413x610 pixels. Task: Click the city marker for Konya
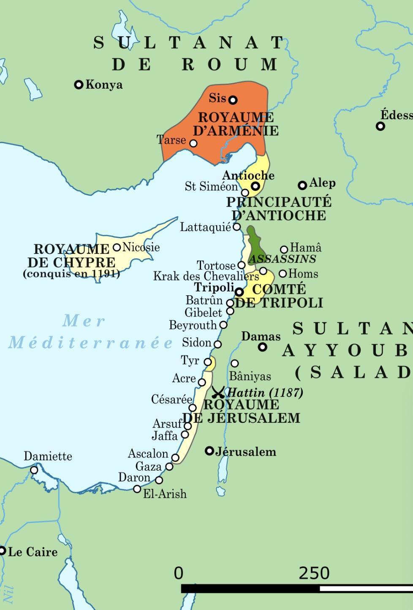point(79,85)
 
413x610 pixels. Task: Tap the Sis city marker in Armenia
point(233,100)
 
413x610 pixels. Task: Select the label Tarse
point(171,139)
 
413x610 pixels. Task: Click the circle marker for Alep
point(302,185)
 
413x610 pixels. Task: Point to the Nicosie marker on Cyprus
point(117,248)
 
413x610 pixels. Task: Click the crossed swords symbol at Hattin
point(218,392)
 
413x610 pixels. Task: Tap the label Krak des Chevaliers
point(206,277)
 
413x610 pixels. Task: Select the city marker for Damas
point(263,347)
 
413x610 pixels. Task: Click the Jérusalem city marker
point(209,451)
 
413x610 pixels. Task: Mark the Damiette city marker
point(34,470)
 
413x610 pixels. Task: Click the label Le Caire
point(33,552)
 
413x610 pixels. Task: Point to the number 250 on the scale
point(314,573)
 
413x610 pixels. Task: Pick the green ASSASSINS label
point(282,259)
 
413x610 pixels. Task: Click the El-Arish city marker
point(137,489)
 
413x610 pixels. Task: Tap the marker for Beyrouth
point(223,325)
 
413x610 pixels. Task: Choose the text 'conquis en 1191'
point(71,274)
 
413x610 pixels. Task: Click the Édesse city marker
point(380,126)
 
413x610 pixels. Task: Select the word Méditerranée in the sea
point(91,343)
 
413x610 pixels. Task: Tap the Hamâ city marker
point(284,250)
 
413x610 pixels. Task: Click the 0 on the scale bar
point(179,573)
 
